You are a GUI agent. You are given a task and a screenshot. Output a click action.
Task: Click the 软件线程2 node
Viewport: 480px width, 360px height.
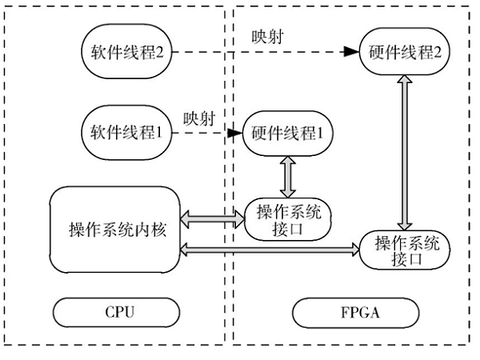126,52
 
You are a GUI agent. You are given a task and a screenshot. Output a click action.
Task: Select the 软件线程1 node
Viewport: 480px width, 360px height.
126,132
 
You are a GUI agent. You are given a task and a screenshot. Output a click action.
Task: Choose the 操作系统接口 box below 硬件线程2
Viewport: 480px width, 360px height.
405,250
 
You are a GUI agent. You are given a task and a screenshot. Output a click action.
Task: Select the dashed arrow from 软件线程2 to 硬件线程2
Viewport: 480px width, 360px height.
264,52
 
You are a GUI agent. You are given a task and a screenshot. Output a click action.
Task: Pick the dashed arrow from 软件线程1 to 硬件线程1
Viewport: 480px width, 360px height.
204,132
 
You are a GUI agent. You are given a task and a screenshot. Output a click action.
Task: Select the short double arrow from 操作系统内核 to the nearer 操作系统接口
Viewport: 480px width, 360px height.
213,216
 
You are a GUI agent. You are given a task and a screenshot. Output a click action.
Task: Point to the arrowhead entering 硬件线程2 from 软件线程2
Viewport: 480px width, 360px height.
350,52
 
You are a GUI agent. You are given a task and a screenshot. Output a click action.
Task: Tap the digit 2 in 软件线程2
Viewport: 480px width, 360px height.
166,53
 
